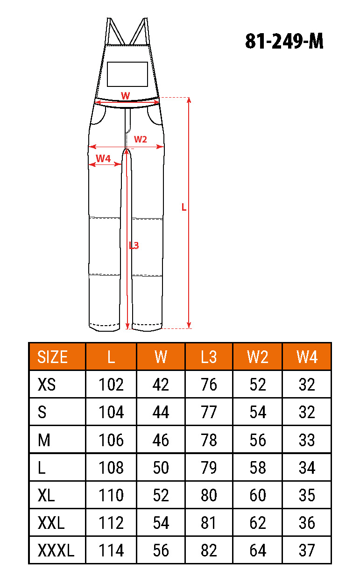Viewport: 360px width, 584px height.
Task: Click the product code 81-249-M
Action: coord(284,41)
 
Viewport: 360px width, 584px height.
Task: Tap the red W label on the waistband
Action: coord(125,96)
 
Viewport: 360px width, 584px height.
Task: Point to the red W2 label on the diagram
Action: coord(141,139)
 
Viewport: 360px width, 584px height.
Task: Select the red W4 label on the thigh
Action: coord(103,158)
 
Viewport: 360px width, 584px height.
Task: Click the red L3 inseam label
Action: coord(134,245)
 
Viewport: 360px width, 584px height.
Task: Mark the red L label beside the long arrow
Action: coord(184,207)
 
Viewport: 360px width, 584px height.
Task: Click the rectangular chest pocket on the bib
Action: coord(127,74)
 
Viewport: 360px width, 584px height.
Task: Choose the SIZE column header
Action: coord(53,357)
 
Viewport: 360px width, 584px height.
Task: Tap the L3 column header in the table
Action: coord(209,357)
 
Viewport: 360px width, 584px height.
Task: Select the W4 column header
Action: coord(307,357)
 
